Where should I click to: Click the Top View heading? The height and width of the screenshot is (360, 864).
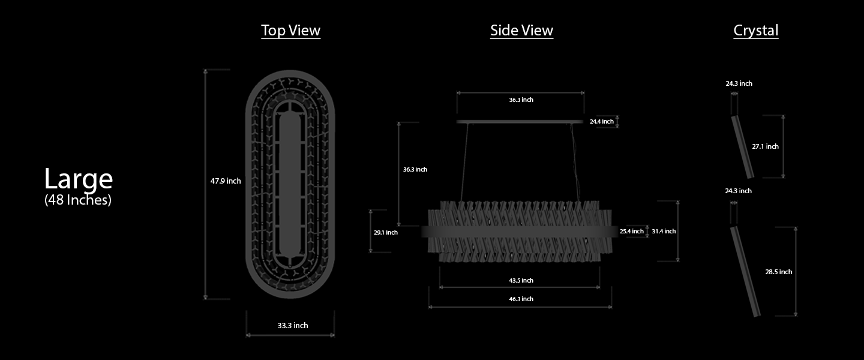coord(290,30)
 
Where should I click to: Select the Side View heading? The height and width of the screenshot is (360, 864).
coord(521,30)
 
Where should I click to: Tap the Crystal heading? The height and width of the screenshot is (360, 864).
coord(755,31)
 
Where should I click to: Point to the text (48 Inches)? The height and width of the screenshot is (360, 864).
coord(78,200)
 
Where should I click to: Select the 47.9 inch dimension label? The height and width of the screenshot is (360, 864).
coord(225,181)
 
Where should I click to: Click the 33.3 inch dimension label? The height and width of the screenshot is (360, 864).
coord(293,326)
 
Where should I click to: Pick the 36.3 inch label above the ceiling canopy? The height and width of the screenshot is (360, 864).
coord(521,100)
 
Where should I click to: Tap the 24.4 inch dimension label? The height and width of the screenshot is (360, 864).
coord(601,122)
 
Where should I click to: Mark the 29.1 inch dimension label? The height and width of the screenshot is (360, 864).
coord(385,232)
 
